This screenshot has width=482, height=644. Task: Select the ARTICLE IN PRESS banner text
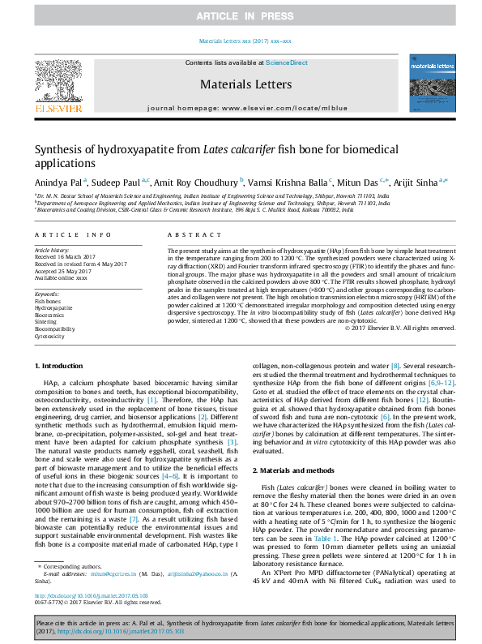click(x=241, y=16)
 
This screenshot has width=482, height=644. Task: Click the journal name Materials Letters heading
click(x=241, y=82)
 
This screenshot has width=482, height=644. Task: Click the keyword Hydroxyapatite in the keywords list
click(x=53, y=308)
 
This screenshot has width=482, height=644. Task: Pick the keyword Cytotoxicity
click(x=49, y=336)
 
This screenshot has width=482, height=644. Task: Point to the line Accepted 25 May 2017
click(x=60, y=272)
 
